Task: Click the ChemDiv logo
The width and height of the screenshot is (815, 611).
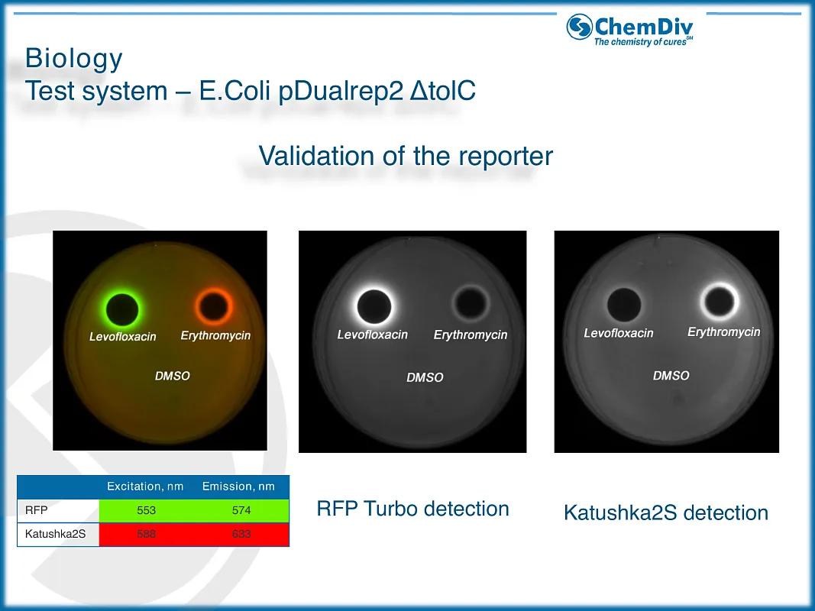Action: click(630, 30)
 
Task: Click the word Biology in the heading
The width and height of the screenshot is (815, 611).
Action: click(74, 58)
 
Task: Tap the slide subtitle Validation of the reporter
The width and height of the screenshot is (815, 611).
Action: click(406, 155)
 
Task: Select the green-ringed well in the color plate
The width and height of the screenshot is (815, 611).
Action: click(122, 309)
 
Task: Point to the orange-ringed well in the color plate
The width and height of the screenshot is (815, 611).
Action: click(214, 306)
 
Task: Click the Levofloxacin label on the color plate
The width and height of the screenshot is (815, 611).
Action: click(123, 337)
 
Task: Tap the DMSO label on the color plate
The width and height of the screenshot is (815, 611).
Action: click(173, 376)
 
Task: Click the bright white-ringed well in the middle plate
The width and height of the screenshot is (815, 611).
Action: click(374, 306)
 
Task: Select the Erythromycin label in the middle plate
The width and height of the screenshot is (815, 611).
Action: click(471, 335)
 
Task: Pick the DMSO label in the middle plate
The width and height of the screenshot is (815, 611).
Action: click(425, 377)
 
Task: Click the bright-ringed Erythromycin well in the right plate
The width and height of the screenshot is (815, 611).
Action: click(720, 302)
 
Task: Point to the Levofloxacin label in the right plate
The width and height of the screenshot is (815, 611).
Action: click(619, 333)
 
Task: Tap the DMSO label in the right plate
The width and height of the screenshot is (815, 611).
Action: click(671, 376)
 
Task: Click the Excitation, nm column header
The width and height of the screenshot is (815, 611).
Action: click(145, 487)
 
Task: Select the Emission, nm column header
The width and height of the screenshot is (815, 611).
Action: click(238, 487)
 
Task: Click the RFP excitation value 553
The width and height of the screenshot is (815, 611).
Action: click(146, 510)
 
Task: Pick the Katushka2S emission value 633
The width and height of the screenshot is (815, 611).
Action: click(241, 534)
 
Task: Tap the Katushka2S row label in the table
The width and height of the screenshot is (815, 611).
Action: click(55, 534)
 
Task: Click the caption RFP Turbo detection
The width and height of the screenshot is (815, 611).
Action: click(412, 509)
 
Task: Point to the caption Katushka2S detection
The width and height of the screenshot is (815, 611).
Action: click(666, 512)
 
